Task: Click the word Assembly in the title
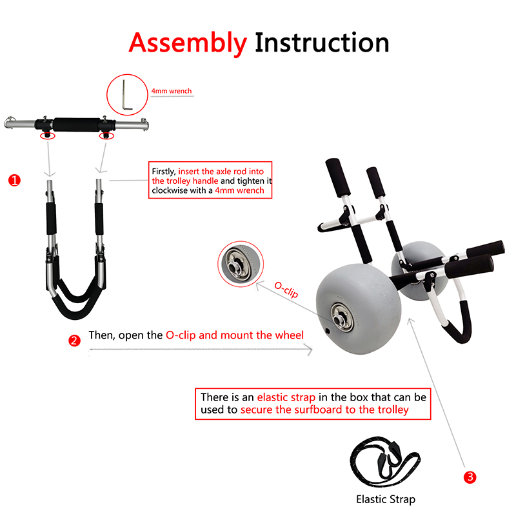(188, 43)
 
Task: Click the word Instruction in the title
(322, 43)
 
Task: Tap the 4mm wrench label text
(172, 91)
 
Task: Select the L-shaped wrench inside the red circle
(126, 95)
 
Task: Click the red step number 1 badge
(14, 181)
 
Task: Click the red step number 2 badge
(74, 341)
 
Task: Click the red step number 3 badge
(470, 477)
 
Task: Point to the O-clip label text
(286, 290)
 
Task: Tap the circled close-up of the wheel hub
(241, 264)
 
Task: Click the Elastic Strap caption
(386, 499)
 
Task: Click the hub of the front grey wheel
(342, 318)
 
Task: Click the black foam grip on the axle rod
(77, 124)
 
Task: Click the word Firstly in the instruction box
(164, 172)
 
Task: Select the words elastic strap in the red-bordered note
(286, 397)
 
